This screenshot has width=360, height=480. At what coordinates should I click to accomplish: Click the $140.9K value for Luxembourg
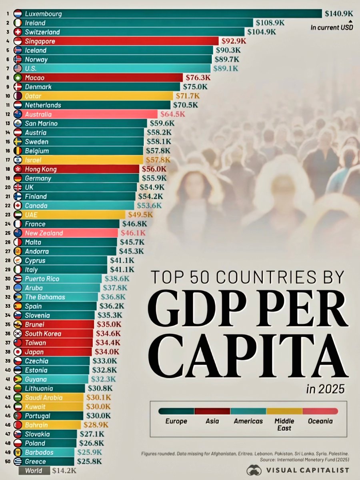click(338, 14)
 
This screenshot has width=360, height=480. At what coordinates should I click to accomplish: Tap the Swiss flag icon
click(18, 32)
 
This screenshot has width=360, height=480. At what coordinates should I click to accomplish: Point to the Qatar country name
click(33, 96)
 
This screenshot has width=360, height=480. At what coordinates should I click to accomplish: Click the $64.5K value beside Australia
click(173, 114)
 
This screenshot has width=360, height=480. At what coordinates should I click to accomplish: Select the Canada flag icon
click(18, 206)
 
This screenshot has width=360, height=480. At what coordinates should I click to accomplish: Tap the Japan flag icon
click(18, 352)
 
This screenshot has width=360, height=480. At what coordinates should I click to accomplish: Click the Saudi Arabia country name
click(44, 398)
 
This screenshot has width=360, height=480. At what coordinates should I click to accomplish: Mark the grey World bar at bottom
click(34, 471)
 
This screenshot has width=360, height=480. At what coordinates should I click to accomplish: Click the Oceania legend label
click(320, 421)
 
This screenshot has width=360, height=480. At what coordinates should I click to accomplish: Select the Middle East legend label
click(284, 424)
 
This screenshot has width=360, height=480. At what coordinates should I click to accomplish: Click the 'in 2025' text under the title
click(324, 388)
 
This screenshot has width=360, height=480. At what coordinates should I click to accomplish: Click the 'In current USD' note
click(331, 28)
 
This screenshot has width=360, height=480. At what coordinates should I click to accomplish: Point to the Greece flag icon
click(18, 462)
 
